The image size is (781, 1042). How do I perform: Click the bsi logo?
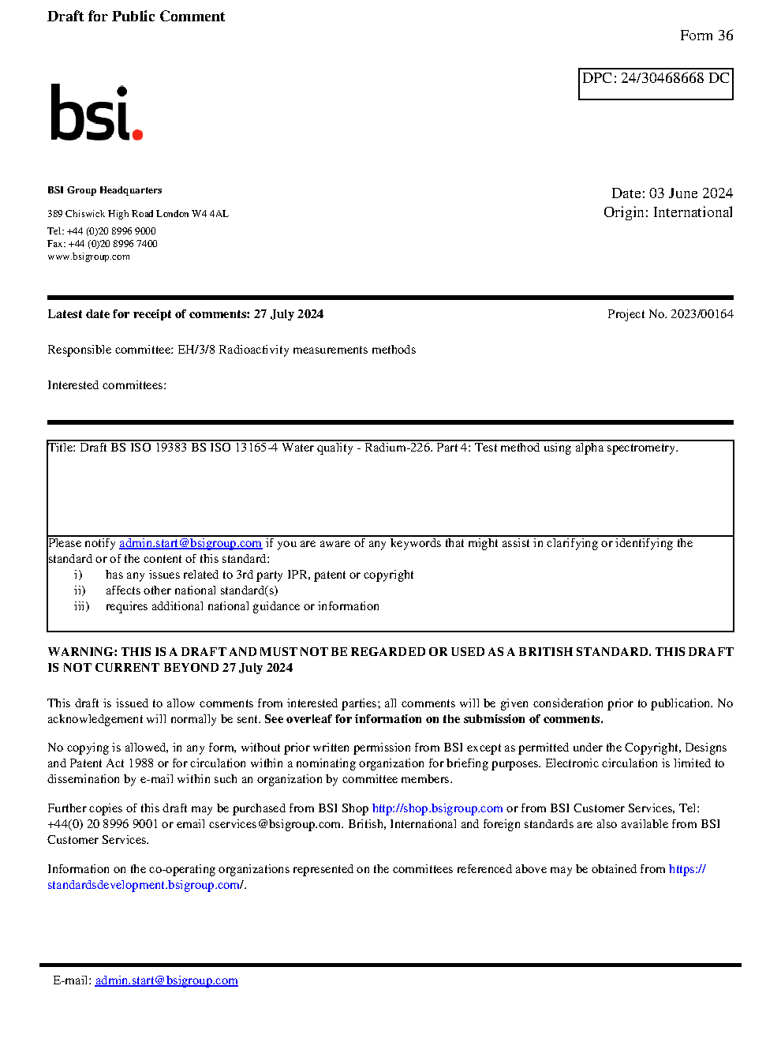pos(95,114)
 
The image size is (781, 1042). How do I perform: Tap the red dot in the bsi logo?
pos(138,135)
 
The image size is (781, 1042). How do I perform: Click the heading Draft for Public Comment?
pos(136,17)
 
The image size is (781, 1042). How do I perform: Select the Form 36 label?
pos(706,36)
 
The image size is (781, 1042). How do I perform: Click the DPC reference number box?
pos(656,83)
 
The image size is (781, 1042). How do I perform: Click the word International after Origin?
pos(693,212)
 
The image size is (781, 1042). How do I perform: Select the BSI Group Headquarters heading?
pos(104,190)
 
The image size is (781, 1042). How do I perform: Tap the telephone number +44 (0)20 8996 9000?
pos(111,231)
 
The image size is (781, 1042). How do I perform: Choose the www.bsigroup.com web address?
pos(88,257)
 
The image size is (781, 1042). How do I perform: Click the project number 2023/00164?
pos(702,314)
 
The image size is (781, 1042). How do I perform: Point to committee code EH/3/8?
pos(196,350)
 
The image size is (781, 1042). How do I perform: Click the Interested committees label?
pos(106,385)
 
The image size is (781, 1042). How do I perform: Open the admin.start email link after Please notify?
pos(190,543)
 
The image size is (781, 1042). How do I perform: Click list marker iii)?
pos(81,606)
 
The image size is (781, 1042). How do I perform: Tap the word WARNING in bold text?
pos(82,652)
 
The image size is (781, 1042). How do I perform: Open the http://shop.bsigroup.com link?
pos(437,808)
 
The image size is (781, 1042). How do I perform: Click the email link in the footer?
pos(166,980)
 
